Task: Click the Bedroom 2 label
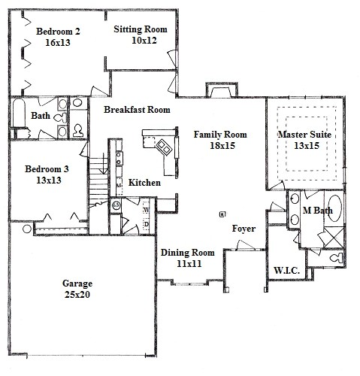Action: (58, 31)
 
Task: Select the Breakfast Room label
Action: (137, 109)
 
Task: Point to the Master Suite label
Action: (304, 134)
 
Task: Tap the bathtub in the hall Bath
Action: (18, 118)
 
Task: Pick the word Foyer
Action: (243, 228)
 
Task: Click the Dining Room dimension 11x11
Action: (187, 265)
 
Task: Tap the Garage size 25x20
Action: (77, 296)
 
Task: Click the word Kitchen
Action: (144, 183)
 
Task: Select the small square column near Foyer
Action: (221, 214)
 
